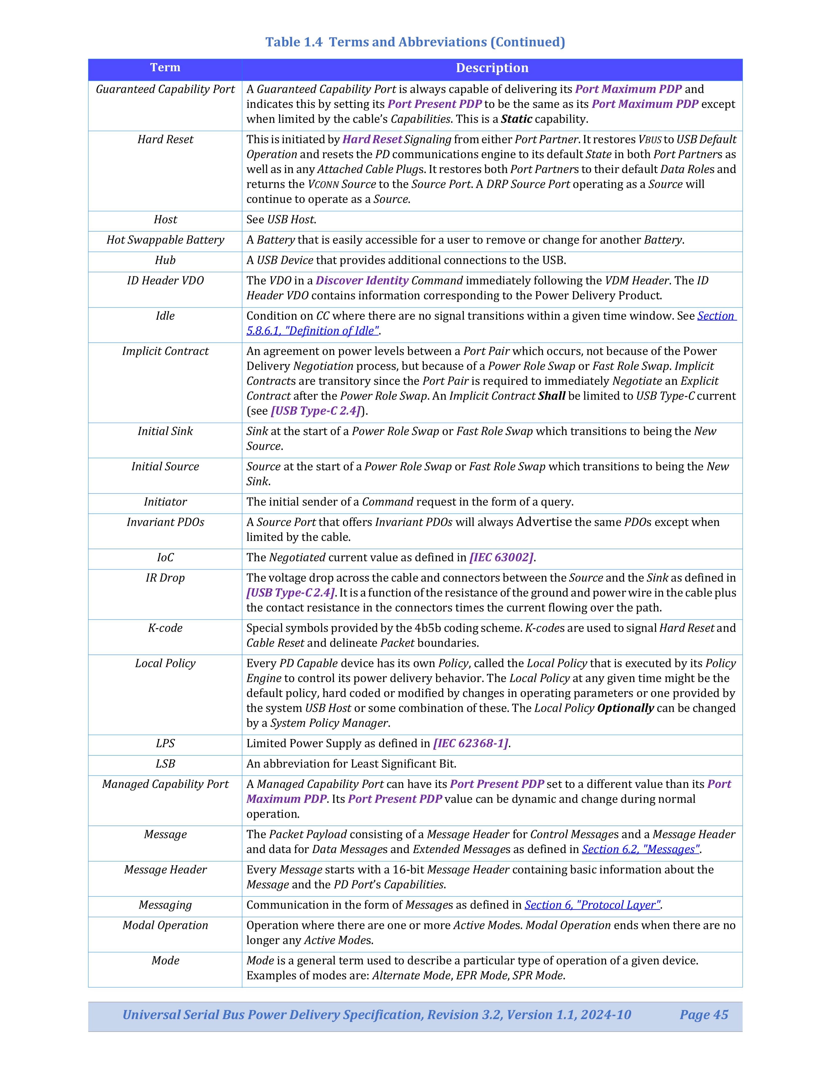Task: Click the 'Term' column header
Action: [165, 68]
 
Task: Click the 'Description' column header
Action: [492, 68]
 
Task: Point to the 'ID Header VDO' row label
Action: [165, 280]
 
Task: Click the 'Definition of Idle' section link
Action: [313, 331]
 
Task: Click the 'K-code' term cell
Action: [165, 628]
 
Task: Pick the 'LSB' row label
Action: [165, 763]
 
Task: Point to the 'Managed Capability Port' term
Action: [165, 784]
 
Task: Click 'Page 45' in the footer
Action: [703, 1014]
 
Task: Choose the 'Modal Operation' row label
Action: [165, 925]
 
